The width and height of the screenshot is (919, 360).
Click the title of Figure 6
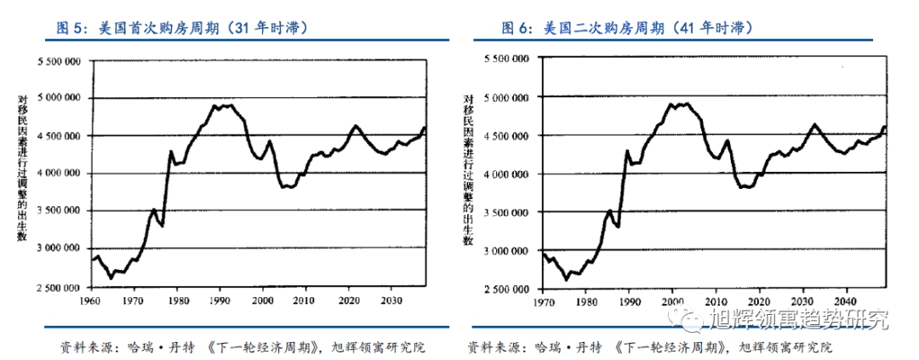pyautogui.click(x=626, y=28)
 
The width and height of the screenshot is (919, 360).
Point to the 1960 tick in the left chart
pyautogui.click(x=91, y=300)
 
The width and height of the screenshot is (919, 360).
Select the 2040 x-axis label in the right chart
pyautogui.click(x=844, y=301)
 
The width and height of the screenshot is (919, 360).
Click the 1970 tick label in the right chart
pyautogui.click(x=544, y=301)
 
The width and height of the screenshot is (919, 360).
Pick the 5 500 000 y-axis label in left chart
pyautogui.click(x=59, y=61)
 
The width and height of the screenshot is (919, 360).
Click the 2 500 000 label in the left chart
pyautogui.click(x=59, y=287)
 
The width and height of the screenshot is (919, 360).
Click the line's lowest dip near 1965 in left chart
pyautogui.click(x=111, y=277)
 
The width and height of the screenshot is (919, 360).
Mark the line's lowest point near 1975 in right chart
pyautogui.click(x=566, y=278)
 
